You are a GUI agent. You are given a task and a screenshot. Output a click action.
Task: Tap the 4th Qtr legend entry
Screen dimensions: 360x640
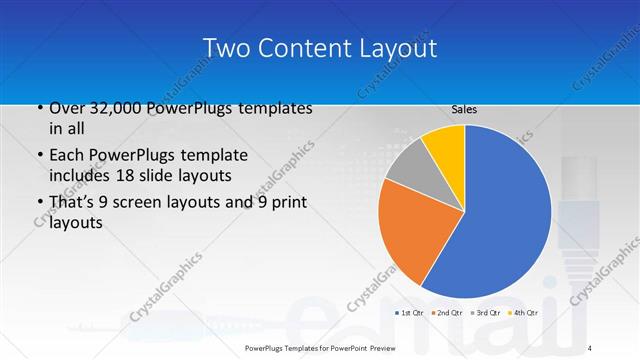[x=523, y=314]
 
